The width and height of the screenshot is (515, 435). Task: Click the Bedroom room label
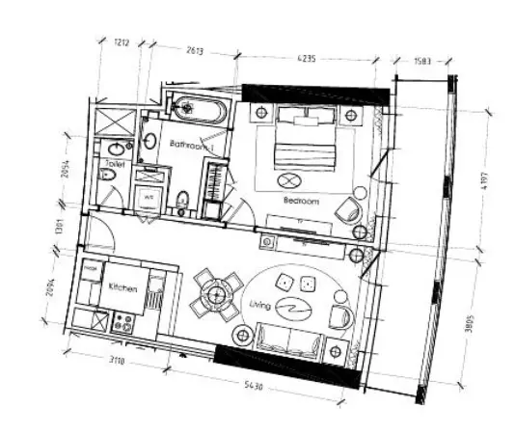coord(301,201)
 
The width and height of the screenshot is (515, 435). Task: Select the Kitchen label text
coord(122,289)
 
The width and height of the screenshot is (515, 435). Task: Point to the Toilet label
coord(116,166)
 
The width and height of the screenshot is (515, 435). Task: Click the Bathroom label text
coord(190,145)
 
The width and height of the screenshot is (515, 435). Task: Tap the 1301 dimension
coord(59,229)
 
